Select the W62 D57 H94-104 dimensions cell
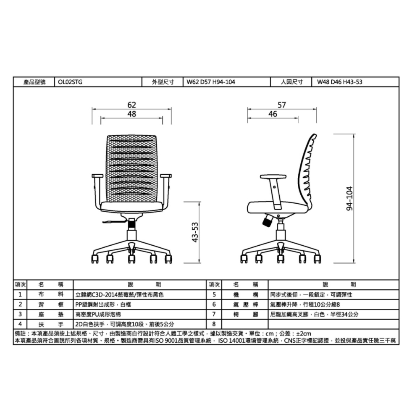(x=211, y=82)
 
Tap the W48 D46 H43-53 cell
(x=339, y=82)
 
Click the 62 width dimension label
(x=131, y=105)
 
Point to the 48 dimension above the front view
(x=131, y=114)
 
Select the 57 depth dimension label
(x=281, y=105)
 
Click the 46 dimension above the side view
(x=273, y=114)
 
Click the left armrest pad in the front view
(x=97, y=176)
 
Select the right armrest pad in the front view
(x=166, y=176)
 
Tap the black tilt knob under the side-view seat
(x=268, y=220)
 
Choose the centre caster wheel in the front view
(x=131, y=259)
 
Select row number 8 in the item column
(x=214, y=324)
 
